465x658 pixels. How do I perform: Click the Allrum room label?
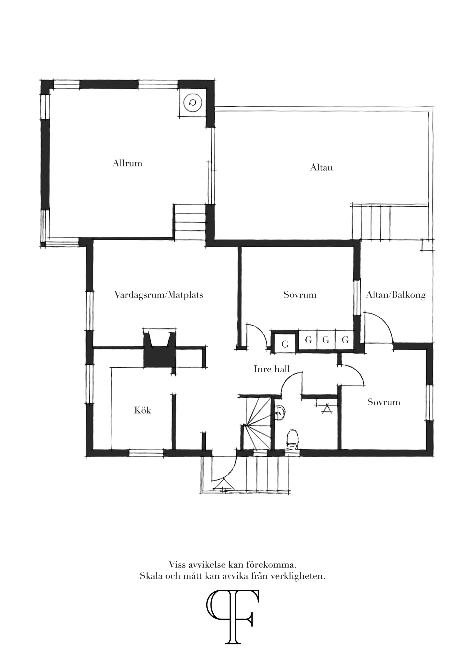click(x=127, y=163)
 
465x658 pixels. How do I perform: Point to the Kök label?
click(x=143, y=410)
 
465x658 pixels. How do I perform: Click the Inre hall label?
click(x=271, y=369)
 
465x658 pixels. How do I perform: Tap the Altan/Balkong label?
click(x=396, y=295)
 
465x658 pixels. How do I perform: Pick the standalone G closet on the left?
click(x=285, y=344)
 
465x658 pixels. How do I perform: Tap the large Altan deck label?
click(x=321, y=167)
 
